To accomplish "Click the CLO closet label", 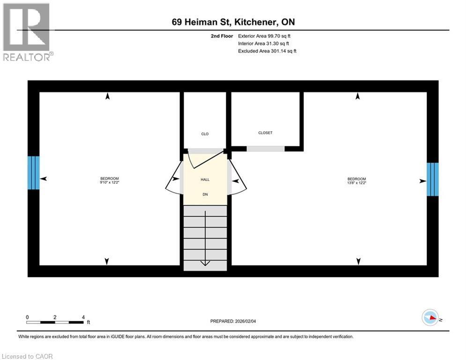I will (205, 134).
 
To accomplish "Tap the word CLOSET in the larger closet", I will (265, 133).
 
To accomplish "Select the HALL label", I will (205, 180).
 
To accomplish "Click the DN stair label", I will (205, 194).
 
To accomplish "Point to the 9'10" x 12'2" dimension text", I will (110, 183).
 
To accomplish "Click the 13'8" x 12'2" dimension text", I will (356, 183).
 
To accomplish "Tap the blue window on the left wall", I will (34, 172).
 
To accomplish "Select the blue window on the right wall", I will (432, 179).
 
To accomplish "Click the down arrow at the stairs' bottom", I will (205, 262).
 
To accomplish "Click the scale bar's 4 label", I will (83, 317).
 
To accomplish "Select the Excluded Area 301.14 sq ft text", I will (267, 51).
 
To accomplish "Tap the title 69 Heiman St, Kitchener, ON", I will (232, 22).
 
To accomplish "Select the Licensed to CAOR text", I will (28, 356).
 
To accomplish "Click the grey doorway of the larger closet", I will (266, 149).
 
